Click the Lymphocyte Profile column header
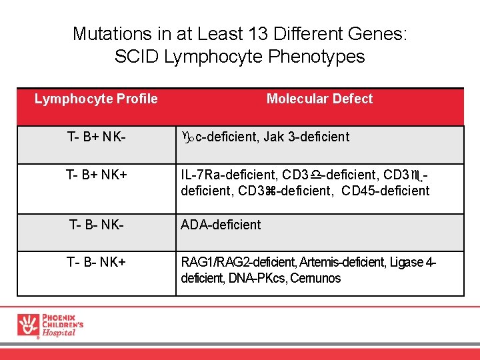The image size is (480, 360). [x=96, y=99]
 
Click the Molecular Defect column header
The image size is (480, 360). [x=319, y=99]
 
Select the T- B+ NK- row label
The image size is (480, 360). [x=97, y=137]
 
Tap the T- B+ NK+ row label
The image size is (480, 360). [x=97, y=175]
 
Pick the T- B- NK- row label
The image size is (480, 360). [x=97, y=225]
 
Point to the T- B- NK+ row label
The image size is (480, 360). [x=97, y=262]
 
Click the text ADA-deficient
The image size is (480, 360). [x=221, y=225]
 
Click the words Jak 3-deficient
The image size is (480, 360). [x=306, y=137]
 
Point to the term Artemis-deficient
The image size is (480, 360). [x=340, y=262]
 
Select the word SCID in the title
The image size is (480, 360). [x=137, y=57]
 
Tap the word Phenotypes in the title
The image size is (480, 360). [x=317, y=57]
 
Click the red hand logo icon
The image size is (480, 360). [x=28, y=325]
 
